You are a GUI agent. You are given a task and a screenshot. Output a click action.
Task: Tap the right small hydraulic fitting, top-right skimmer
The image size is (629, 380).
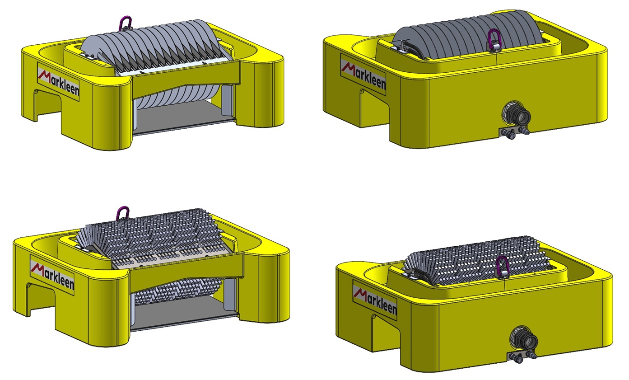[x=526, y=131]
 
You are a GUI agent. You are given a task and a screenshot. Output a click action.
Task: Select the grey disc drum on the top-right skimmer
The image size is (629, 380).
[x=470, y=34]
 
